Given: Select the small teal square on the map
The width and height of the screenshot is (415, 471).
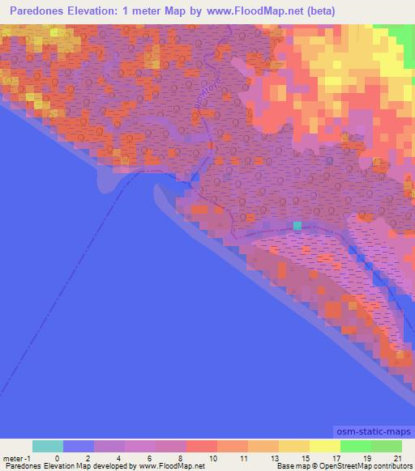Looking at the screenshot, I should [x=297, y=225].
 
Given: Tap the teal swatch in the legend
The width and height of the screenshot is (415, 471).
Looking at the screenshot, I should [x=48, y=446].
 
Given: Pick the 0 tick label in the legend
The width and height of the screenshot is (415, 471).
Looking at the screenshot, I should [x=45, y=458].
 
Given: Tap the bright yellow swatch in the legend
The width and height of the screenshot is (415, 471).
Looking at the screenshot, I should [x=324, y=446].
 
